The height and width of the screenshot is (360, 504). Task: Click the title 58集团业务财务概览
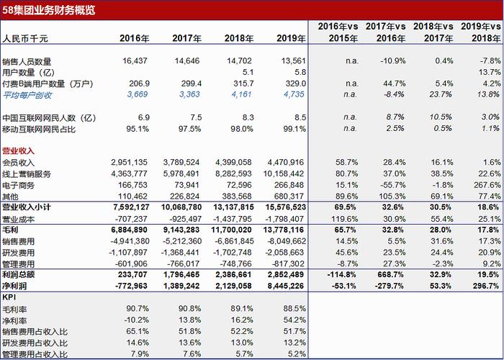click(49, 10)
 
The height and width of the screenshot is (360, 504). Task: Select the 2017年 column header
click(186, 38)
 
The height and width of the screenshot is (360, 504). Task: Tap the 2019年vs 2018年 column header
click(481, 32)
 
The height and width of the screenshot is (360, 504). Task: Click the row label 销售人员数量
click(27, 61)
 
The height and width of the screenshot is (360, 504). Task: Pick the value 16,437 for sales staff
click(135, 60)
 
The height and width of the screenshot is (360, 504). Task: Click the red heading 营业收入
click(18, 151)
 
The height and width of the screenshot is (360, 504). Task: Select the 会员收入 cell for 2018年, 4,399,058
click(234, 162)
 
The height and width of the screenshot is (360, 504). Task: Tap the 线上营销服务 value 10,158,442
click(285, 174)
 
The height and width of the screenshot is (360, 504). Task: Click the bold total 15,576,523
click(285, 207)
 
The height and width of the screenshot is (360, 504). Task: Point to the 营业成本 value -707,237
click(131, 219)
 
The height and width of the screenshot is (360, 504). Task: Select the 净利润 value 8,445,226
click(286, 286)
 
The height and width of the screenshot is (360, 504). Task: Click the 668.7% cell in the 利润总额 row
click(392, 274)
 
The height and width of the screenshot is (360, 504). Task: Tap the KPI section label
click(9, 297)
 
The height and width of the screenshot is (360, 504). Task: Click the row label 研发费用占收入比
click(35, 343)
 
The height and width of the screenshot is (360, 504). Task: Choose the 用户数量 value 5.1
click(248, 72)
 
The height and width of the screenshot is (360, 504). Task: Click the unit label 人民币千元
click(25, 39)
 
